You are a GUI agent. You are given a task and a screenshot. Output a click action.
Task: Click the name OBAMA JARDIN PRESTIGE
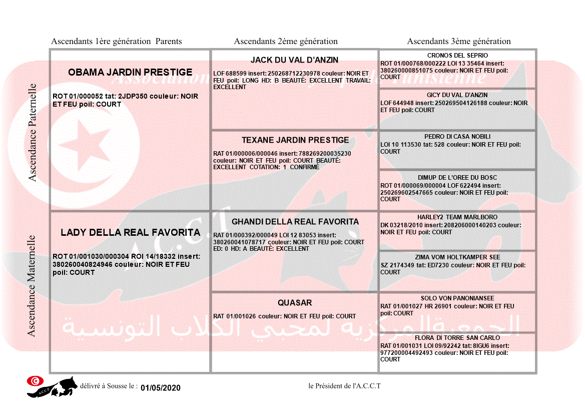coord(130,73)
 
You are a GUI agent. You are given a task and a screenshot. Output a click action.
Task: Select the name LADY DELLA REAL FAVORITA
coord(130,233)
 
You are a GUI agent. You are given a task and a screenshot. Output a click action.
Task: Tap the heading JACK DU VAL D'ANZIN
coord(294,60)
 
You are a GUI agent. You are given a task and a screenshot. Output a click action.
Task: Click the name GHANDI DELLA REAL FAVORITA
coord(295,222)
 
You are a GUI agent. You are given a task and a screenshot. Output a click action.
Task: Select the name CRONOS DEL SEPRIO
coord(457,56)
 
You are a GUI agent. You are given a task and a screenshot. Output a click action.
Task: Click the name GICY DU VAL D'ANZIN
coord(457,95)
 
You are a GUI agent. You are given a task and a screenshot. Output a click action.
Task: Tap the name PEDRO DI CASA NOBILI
coord(457,137)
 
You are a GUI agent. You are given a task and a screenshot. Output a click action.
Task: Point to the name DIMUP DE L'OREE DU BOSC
coord(457,178)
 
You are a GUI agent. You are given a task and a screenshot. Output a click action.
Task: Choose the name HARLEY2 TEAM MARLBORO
coord(457,217)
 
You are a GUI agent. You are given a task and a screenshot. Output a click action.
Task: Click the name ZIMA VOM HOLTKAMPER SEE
coord(457,257)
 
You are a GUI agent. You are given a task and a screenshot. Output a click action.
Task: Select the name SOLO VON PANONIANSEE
coord(457,298)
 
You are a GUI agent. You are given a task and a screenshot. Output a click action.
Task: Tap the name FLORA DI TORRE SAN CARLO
coord(457,338)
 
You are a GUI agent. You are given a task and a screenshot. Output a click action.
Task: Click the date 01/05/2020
coord(160,388)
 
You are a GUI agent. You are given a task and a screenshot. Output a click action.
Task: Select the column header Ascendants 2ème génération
coord(286,42)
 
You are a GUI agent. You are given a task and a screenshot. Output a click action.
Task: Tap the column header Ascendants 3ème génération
coord(459,42)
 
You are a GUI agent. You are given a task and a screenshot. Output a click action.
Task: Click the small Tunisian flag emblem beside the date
coord(35,380)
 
